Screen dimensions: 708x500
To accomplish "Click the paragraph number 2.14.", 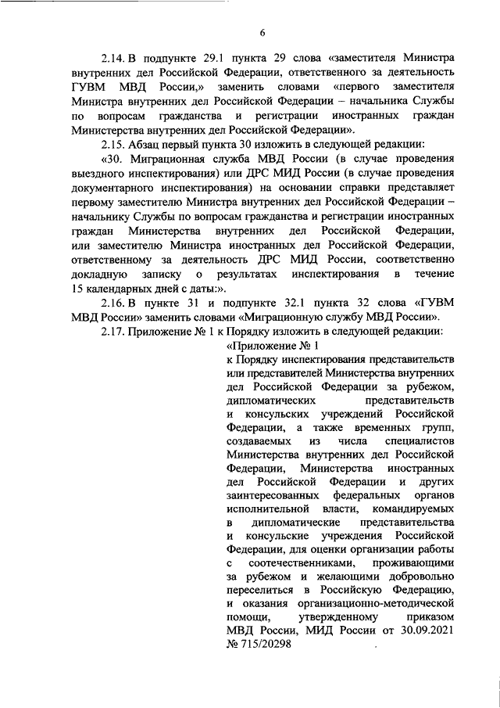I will click(113, 58).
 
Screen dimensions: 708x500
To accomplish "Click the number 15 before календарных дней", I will click(79, 289).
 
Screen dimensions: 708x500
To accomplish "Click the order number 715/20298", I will click(264, 648).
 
